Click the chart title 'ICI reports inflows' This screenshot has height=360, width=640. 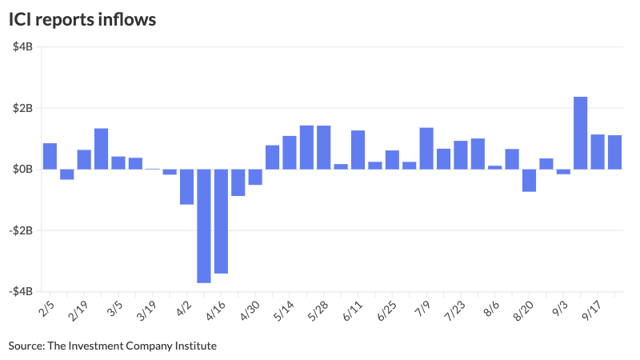82,18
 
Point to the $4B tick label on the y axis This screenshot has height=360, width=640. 22,46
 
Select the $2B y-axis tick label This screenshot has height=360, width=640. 22,108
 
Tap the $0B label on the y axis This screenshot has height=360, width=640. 22,170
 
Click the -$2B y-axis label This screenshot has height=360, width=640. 21,230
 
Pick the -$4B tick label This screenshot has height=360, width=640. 21,292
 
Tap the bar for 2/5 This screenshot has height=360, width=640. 50,156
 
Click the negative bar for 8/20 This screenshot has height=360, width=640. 530,181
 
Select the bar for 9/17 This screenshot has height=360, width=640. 598,152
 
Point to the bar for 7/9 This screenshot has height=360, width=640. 426,149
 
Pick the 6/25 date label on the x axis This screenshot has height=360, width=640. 387,309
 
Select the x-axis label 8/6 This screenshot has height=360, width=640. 491,307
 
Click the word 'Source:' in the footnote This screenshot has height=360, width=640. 26,346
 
